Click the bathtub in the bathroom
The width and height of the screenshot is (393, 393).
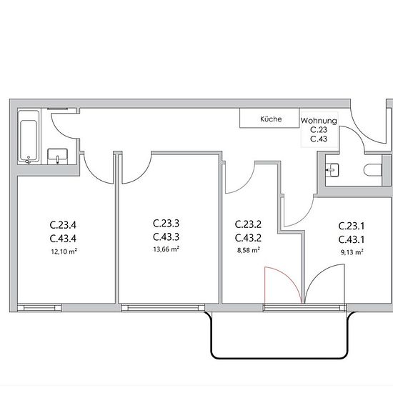(29, 137)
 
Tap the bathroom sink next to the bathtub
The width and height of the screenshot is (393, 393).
(57, 156)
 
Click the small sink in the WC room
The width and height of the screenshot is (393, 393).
(332, 170)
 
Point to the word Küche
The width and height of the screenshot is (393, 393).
(271, 119)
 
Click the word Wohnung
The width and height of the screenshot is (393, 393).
(319, 121)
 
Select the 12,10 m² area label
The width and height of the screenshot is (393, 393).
(64, 251)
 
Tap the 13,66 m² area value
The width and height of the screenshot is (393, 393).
(166, 249)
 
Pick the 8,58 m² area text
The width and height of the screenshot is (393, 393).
(249, 250)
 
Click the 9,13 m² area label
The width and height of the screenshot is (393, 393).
(352, 252)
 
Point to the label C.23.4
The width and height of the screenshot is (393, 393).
(63, 225)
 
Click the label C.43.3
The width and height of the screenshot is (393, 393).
(166, 237)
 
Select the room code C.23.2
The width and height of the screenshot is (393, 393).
(248, 224)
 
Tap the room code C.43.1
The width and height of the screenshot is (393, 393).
(352, 239)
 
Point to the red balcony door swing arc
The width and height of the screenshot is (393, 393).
(291, 278)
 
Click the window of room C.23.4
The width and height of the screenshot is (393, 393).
(39, 308)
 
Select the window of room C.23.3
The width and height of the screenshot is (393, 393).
(163, 308)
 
